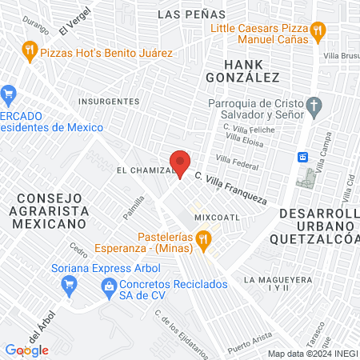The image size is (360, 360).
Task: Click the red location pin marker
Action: [181, 163]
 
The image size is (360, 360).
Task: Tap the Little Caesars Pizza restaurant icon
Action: [318, 31]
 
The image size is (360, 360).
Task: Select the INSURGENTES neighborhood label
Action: [110, 102]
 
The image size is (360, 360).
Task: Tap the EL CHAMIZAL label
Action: [145, 170]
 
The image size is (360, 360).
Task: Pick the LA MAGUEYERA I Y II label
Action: [278, 284]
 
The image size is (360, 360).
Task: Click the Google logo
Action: [26, 350]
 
